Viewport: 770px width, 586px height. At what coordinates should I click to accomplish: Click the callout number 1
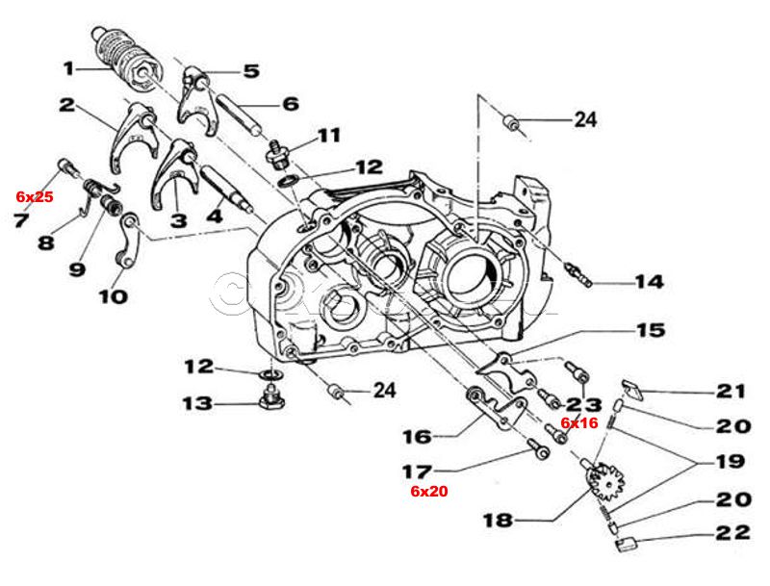click(69, 68)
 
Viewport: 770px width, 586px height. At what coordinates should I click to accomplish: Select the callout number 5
click(250, 70)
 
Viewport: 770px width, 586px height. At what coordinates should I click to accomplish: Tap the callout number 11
click(329, 135)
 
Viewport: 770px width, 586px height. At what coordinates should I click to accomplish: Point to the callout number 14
click(648, 282)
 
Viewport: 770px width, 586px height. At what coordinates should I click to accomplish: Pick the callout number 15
click(650, 331)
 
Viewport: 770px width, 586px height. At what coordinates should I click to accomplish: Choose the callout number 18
click(498, 521)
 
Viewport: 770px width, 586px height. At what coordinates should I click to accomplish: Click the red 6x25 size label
click(35, 196)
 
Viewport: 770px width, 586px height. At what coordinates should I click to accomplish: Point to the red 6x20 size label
click(429, 491)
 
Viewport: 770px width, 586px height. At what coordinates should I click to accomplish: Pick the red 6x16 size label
click(580, 422)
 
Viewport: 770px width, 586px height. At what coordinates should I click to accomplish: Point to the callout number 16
click(417, 437)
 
